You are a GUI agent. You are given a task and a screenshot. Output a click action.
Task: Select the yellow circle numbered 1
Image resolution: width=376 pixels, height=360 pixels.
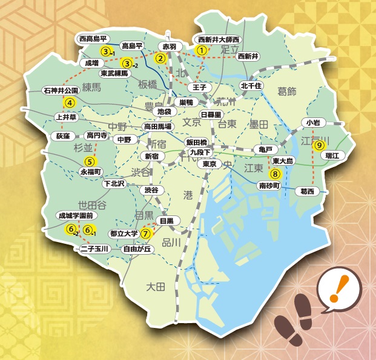point(202,51)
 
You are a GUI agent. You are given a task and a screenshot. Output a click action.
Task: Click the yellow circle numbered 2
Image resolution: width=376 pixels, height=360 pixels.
point(161,59)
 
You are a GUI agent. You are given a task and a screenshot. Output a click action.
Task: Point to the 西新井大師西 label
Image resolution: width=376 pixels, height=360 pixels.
point(219,40)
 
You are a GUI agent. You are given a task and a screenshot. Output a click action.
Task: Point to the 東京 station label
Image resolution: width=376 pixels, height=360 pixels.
point(210,164)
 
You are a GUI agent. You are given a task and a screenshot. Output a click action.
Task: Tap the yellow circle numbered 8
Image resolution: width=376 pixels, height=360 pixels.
point(275,174)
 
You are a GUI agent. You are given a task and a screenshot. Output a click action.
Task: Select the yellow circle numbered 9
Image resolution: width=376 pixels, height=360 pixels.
point(319,145)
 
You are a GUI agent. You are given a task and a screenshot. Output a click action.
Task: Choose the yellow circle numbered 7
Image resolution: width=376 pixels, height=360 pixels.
point(146,234)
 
